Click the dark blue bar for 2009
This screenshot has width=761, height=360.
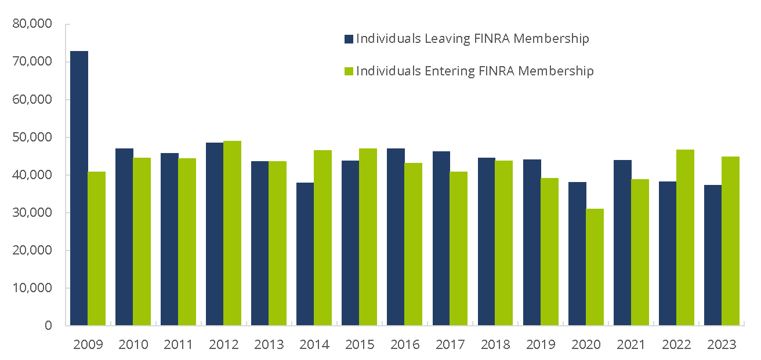79,188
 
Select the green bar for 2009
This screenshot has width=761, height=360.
97,249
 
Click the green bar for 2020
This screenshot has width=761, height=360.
595,267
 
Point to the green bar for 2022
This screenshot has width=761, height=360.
685,238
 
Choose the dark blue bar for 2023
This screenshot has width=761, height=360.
712,255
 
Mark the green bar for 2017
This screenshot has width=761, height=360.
459,249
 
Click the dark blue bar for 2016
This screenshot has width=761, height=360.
396,237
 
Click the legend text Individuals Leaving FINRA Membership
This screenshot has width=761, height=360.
473,39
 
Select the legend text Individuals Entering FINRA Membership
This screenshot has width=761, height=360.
475,71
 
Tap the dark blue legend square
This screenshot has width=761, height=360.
349,39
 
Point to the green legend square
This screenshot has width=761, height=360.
349,71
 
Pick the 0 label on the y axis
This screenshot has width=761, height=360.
48,326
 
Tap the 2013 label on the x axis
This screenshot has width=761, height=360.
269,344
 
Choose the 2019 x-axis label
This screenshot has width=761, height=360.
541,344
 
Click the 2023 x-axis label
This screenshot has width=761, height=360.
722,344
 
